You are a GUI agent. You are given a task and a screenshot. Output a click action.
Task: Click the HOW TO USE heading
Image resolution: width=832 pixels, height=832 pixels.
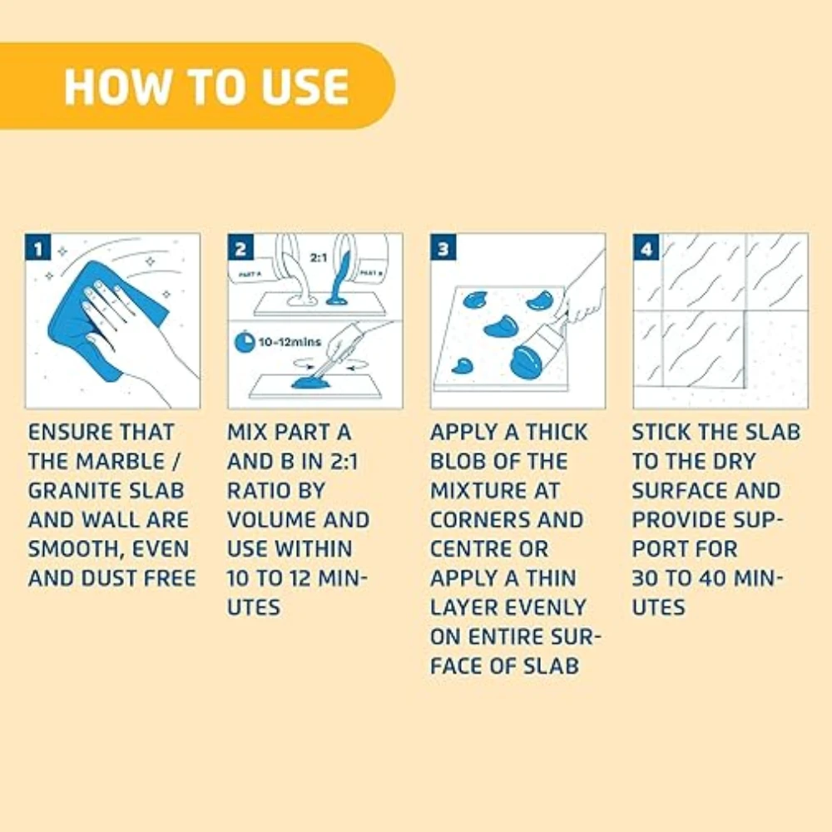(206, 87)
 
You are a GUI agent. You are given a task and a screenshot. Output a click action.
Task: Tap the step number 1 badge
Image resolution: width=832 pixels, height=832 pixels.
(38, 247)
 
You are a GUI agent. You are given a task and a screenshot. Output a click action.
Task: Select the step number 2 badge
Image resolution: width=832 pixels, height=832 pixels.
(241, 247)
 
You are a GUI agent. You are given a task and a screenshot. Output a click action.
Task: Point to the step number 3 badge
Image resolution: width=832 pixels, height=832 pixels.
(443, 247)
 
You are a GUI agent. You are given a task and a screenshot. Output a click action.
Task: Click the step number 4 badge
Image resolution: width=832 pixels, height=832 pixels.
(646, 247)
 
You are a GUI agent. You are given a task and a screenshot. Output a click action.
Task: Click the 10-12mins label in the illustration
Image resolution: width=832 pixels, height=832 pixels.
(290, 342)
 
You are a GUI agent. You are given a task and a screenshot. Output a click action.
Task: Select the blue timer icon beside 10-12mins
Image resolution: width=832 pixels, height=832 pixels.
(244, 342)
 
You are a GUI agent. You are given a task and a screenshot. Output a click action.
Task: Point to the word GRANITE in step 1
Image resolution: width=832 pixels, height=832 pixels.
(69, 491)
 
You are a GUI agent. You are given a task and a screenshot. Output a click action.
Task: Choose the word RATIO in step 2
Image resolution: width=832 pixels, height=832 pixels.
(257, 491)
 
